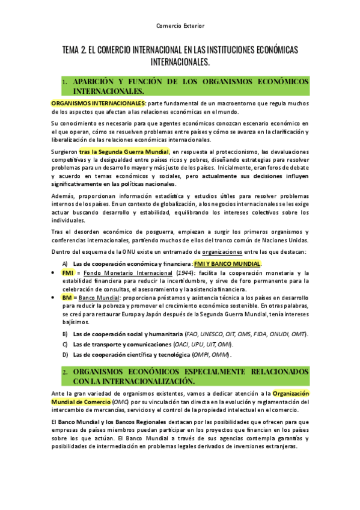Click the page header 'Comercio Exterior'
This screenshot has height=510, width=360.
(180, 26)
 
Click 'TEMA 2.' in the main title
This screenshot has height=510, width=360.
(75, 51)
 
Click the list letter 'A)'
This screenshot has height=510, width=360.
(65, 264)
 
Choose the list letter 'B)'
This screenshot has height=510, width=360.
(65, 334)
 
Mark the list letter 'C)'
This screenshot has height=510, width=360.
(65, 344)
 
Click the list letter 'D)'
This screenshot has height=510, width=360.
(65, 355)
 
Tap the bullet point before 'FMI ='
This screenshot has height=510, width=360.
(53, 273)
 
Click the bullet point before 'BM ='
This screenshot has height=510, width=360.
(53, 298)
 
